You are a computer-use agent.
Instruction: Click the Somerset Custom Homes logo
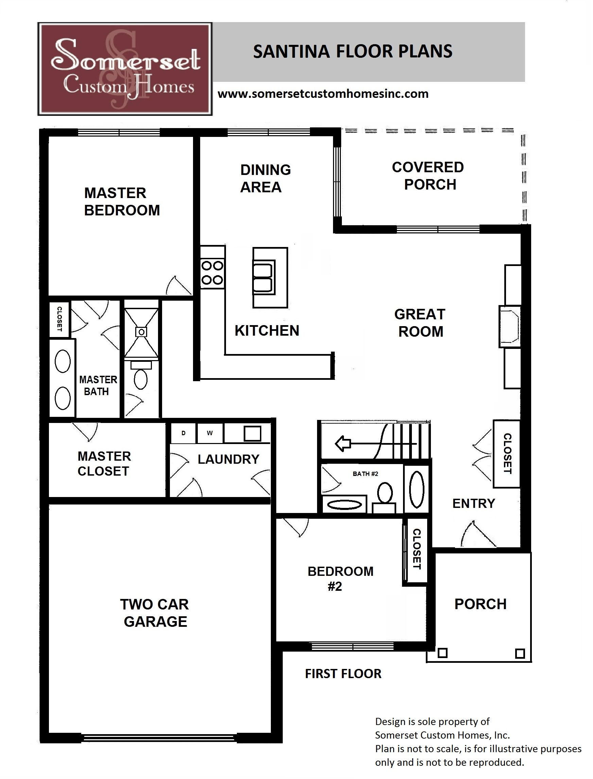pyautogui.click(x=125, y=69)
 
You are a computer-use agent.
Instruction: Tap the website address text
pyautogui.click(x=323, y=94)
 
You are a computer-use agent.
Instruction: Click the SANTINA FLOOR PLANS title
pyautogui.click(x=353, y=52)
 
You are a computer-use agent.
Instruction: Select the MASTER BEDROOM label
pyautogui.click(x=121, y=202)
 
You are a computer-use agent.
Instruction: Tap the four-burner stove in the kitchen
pyautogui.click(x=212, y=273)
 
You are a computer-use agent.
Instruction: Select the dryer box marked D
pyautogui.click(x=183, y=433)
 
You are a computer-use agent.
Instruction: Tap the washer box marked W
pyautogui.click(x=210, y=433)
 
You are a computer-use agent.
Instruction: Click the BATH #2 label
pyautogui.click(x=365, y=474)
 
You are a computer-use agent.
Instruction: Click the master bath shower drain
pyautogui.click(x=141, y=332)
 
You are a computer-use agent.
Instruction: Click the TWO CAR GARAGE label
pyautogui.click(x=155, y=613)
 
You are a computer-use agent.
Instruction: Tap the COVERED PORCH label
pyautogui.click(x=428, y=176)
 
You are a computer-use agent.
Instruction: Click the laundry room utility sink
pyautogui.click(x=252, y=433)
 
